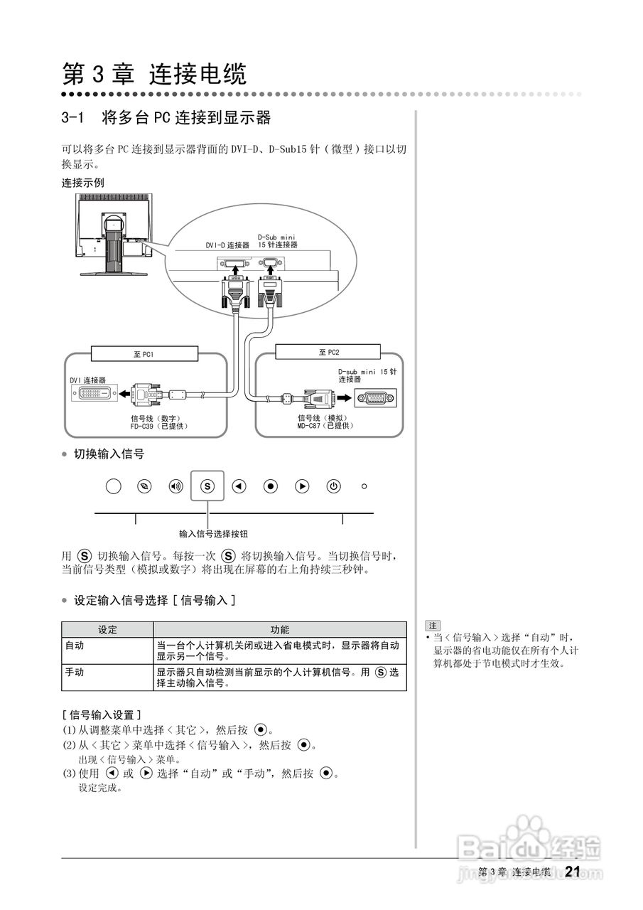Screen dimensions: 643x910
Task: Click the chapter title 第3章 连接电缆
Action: point(154,74)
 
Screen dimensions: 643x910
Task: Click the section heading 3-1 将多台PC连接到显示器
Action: point(166,118)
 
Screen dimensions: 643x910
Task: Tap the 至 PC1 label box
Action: point(144,353)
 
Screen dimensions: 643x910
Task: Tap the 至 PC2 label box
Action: point(329,353)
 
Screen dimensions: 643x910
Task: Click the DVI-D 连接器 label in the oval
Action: point(227,245)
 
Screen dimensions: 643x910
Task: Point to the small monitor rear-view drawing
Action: point(114,234)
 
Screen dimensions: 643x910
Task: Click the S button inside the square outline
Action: point(207,487)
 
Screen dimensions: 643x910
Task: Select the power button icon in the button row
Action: point(333,487)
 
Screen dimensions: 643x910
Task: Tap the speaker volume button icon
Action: point(175,487)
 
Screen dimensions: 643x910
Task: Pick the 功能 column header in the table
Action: point(280,630)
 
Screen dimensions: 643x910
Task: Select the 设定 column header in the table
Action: point(107,630)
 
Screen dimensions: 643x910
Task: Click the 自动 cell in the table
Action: point(75,646)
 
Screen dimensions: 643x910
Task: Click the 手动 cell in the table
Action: point(75,672)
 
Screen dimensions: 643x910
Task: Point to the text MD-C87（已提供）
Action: point(325,426)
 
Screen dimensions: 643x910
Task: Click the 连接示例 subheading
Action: point(82,183)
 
